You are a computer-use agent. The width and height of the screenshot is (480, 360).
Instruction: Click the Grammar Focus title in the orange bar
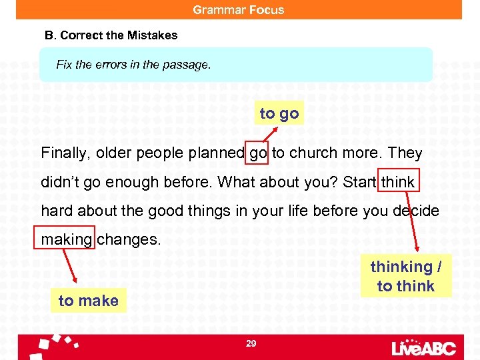[x=239, y=10]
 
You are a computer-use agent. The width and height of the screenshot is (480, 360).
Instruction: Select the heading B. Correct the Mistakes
[x=111, y=35]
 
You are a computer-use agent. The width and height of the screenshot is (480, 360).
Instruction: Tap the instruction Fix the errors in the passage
[x=133, y=65]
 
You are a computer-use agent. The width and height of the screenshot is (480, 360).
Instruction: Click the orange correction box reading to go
[x=279, y=113]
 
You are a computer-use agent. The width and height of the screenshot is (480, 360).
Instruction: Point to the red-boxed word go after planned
[x=258, y=153]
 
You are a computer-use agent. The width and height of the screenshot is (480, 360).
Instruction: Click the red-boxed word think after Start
[x=399, y=182]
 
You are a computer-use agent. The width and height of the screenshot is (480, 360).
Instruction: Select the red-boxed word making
[x=66, y=239]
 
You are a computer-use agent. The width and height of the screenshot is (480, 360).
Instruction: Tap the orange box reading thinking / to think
[x=405, y=276]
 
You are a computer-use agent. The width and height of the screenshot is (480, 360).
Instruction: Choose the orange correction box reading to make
[x=88, y=301]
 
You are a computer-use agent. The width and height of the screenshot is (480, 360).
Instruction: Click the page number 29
[x=251, y=343]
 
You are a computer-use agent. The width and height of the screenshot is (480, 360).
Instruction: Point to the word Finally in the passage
[x=65, y=153]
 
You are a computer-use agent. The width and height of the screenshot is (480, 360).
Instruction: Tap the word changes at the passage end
[x=129, y=239]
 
